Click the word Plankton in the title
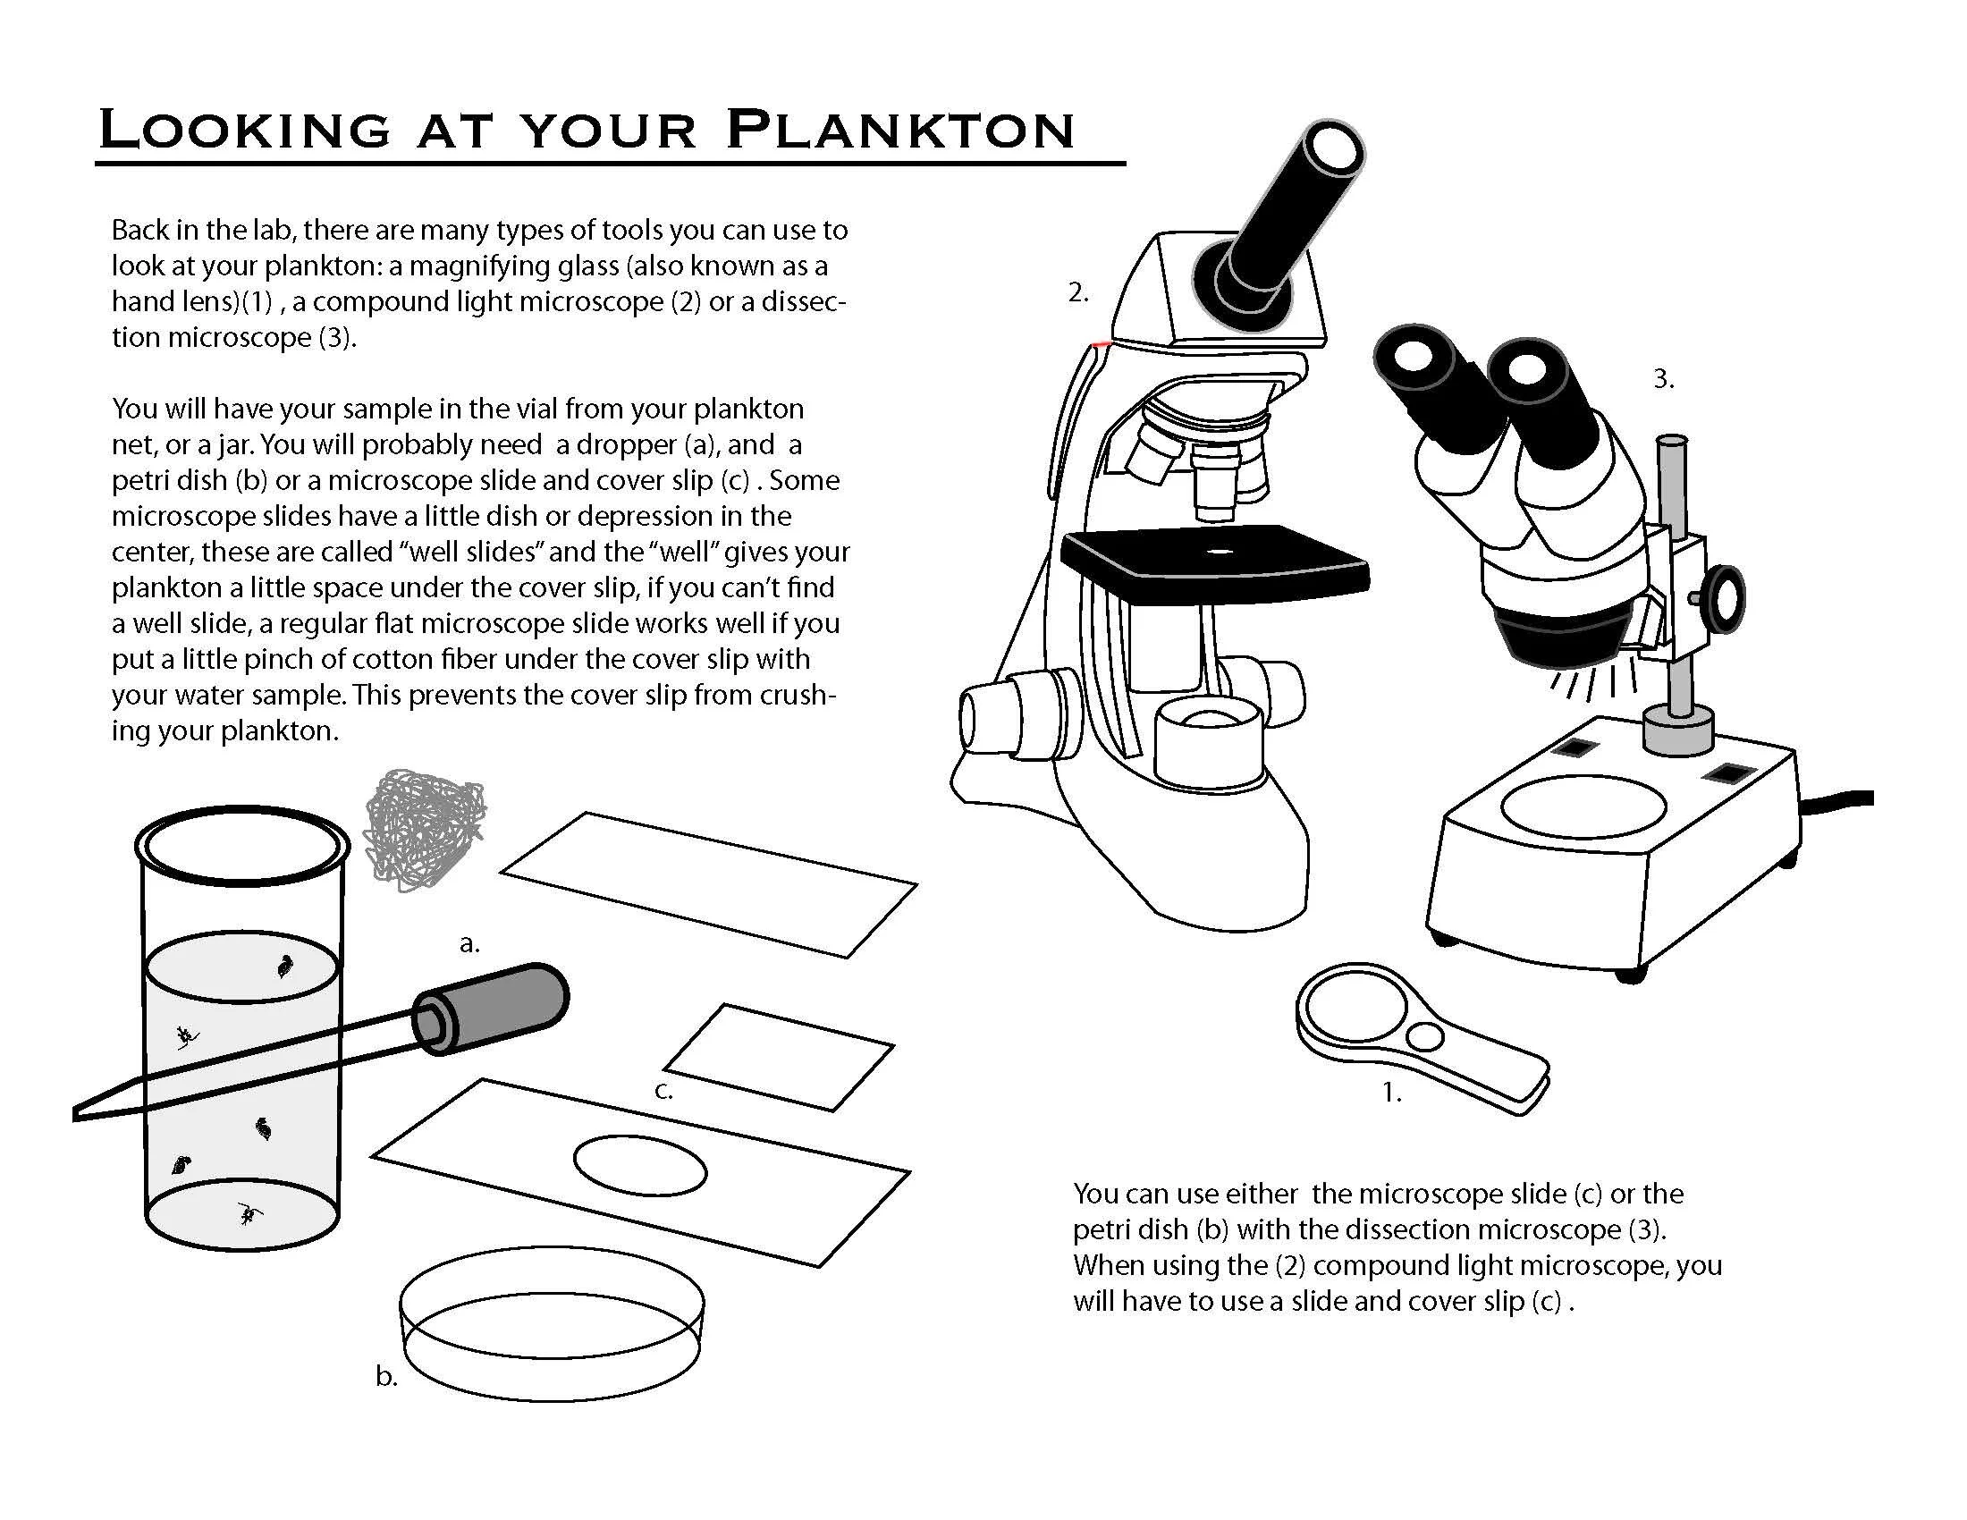pyautogui.click(x=900, y=130)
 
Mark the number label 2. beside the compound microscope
pyautogui.click(x=1078, y=292)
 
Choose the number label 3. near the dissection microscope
pyautogui.click(x=1664, y=379)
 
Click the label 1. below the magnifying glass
pyautogui.click(x=1391, y=1093)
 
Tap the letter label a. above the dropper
pyautogui.click(x=469, y=943)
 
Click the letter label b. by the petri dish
pyautogui.click(x=386, y=1376)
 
